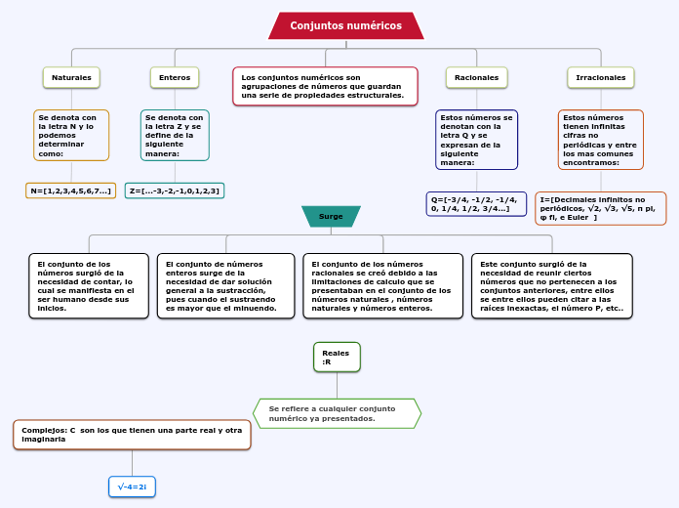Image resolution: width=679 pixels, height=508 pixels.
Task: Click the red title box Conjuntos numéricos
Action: [345, 25]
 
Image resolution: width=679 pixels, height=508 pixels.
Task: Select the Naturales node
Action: [71, 77]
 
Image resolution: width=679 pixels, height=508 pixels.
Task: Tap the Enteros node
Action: [175, 77]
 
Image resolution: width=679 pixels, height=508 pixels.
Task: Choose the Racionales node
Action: [476, 77]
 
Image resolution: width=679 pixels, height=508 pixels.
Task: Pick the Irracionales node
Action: [601, 77]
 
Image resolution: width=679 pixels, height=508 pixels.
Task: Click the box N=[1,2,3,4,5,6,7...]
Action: [70, 190]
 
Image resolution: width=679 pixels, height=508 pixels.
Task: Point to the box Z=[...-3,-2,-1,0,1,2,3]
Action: [175, 190]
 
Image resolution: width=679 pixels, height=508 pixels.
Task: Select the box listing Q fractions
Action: [476, 203]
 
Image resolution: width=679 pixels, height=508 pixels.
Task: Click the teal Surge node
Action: [331, 216]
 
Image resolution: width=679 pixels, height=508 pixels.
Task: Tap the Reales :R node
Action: [337, 357]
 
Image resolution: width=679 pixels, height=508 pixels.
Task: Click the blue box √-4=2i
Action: [132, 487]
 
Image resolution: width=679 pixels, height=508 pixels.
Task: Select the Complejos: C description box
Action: [132, 435]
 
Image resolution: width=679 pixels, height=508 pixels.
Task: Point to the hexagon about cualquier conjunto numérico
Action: [337, 413]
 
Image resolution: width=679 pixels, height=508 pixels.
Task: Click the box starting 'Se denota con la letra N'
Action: [71, 135]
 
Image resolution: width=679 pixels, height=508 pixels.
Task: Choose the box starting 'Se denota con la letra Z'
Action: [175, 135]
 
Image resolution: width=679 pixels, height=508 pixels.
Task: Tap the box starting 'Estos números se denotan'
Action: [476, 140]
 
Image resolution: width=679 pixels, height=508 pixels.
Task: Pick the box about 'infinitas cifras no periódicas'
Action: [601, 140]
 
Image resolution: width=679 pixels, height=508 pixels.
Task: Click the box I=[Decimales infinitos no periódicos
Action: [601, 208]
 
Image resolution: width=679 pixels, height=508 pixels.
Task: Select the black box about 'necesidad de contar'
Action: [89, 286]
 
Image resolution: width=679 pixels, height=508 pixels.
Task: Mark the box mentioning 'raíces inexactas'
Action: [551, 286]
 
